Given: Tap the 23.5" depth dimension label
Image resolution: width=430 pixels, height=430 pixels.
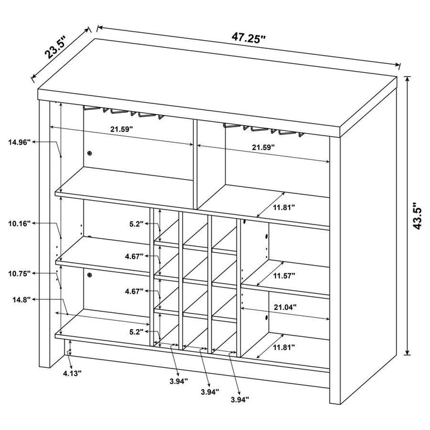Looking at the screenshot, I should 57,48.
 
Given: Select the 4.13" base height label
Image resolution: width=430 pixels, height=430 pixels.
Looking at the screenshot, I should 72,372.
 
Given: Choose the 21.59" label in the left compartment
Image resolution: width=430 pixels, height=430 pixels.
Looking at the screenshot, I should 121,128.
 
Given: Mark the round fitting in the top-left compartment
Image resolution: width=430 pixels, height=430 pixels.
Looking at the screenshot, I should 90,153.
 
